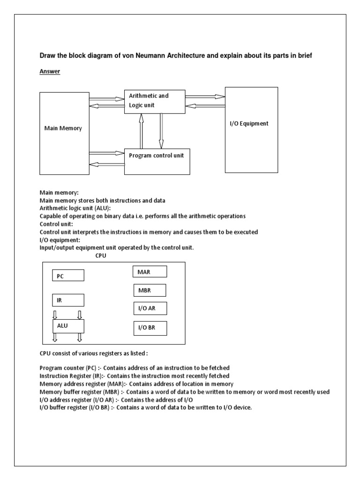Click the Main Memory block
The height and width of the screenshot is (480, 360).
(63, 128)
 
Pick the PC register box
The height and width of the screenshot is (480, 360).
(68, 275)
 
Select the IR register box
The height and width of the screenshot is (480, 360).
(68, 300)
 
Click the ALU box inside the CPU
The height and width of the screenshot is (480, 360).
(68, 325)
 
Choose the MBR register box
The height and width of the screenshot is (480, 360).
(150, 290)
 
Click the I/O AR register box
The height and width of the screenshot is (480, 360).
(150, 308)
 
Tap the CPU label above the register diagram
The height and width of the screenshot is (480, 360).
(101, 255)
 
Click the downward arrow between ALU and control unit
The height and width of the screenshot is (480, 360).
(161, 131)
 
